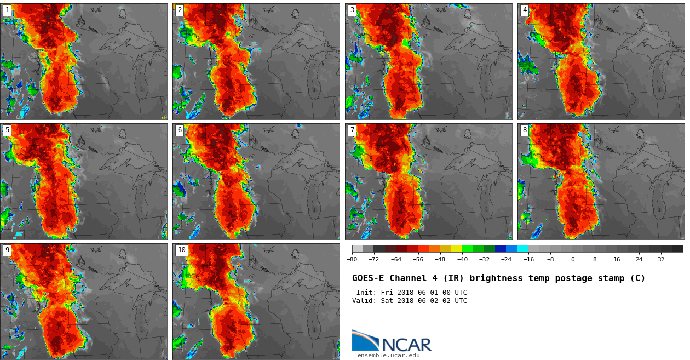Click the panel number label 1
tap(7, 10)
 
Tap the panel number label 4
tap(525, 10)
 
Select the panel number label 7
tap(352, 130)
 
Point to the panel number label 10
tap(181, 250)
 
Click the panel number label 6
tap(180, 130)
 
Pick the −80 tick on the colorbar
tap(352, 259)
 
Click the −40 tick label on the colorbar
tap(462, 259)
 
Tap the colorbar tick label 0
tap(573, 259)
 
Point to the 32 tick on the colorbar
tap(661, 259)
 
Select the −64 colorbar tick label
tap(396, 259)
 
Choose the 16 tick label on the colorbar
tap(617, 259)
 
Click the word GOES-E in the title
tap(368, 278)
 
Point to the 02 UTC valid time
tap(456, 301)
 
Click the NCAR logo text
tap(406, 345)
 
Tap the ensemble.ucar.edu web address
tap(388, 355)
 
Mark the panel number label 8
tap(525, 130)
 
